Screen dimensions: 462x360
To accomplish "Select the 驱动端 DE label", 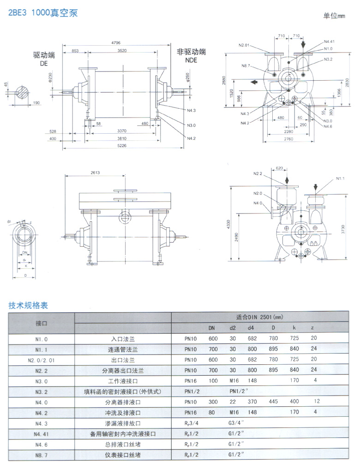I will [44, 59].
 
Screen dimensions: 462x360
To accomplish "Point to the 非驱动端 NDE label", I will [191, 56].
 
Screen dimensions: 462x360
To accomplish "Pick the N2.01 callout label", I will [244, 45].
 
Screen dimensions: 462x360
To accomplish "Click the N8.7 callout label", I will [246, 65].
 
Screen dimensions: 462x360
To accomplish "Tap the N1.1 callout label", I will [341, 178].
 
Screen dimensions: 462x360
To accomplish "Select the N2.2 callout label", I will [258, 174].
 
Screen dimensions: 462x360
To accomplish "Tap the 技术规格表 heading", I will [28, 305].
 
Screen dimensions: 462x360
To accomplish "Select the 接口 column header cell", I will [42, 323].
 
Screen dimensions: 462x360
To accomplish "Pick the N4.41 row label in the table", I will [42, 434].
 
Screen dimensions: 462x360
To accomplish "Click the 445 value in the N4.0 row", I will [274, 402].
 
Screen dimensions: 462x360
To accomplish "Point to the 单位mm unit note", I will [334, 16].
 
